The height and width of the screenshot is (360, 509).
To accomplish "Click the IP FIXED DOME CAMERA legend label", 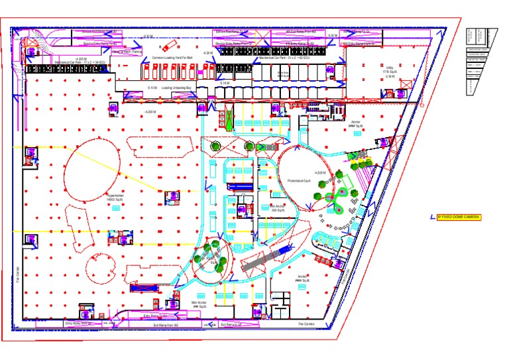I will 459,217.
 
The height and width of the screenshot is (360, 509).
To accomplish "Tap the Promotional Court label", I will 299,180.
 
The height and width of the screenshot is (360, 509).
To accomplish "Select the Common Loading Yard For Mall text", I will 172,58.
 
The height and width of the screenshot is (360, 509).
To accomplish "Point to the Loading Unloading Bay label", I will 176,87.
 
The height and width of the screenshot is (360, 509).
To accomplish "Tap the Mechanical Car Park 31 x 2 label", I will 284,58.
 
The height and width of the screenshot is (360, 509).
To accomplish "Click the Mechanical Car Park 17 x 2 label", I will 81,61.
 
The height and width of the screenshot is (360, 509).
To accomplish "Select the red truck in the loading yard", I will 169,46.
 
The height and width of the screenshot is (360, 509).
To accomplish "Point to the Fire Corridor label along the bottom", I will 306,324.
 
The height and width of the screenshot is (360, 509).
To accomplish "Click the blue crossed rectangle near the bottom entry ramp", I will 141,288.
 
